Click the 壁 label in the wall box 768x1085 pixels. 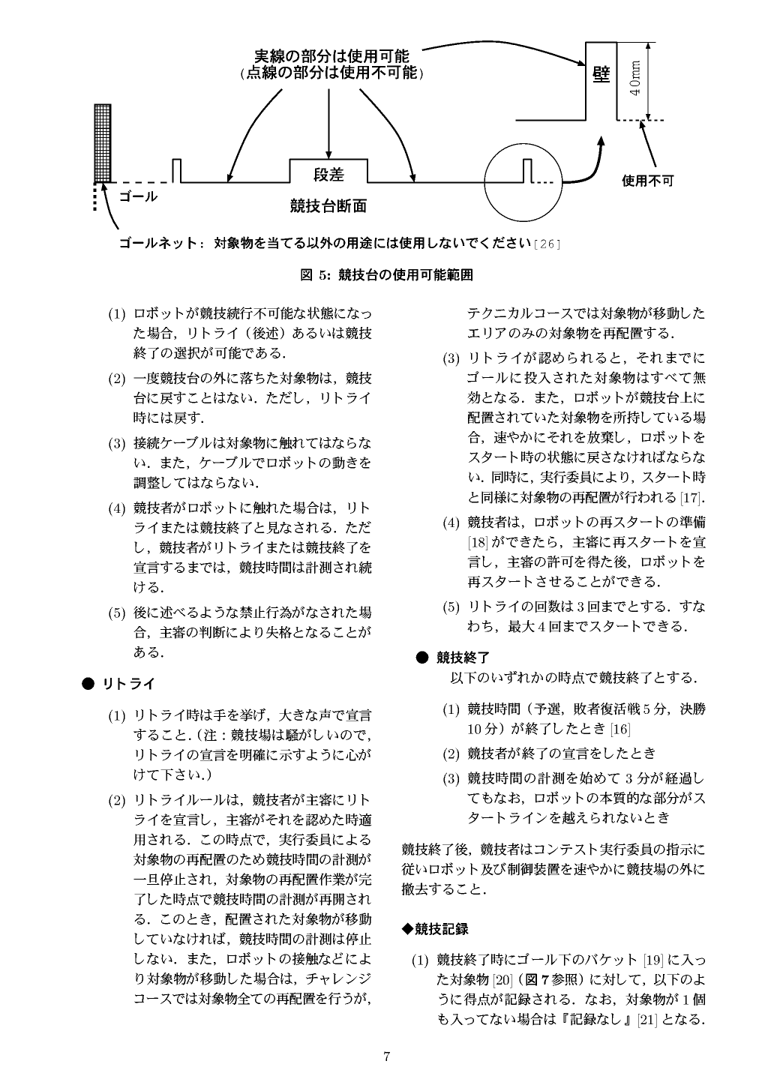click(601, 76)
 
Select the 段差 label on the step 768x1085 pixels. click(328, 175)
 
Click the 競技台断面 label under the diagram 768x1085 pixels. click(328, 205)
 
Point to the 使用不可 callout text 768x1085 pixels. click(648, 181)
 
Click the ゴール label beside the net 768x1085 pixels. click(139, 197)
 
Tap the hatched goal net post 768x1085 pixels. click(103, 142)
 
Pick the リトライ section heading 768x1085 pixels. click(129, 684)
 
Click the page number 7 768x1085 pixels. click(385, 1057)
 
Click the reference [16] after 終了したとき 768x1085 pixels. click(619, 730)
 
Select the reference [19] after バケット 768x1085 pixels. click(654, 960)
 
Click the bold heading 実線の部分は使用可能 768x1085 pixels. click(331, 56)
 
